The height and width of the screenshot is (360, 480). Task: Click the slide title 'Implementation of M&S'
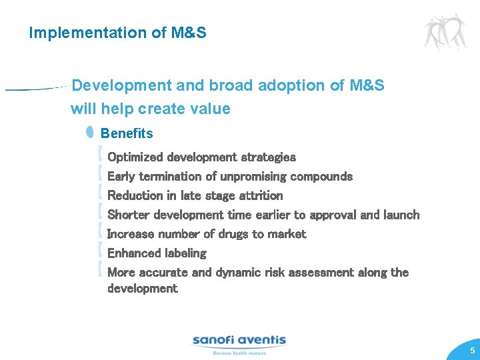[x=117, y=33]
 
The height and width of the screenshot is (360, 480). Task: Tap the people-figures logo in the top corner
[x=445, y=31]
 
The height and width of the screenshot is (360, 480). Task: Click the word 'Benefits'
[x=127, y=133]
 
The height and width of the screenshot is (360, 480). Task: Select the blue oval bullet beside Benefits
[x=90, y=133]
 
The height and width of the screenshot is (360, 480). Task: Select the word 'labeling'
[x=185, y=253]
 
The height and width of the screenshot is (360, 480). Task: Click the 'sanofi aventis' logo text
[x=239, y=340]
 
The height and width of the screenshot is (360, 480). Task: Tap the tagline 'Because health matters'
[x=239, y=353]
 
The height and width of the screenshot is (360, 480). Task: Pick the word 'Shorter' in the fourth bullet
[x=129, y=215]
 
